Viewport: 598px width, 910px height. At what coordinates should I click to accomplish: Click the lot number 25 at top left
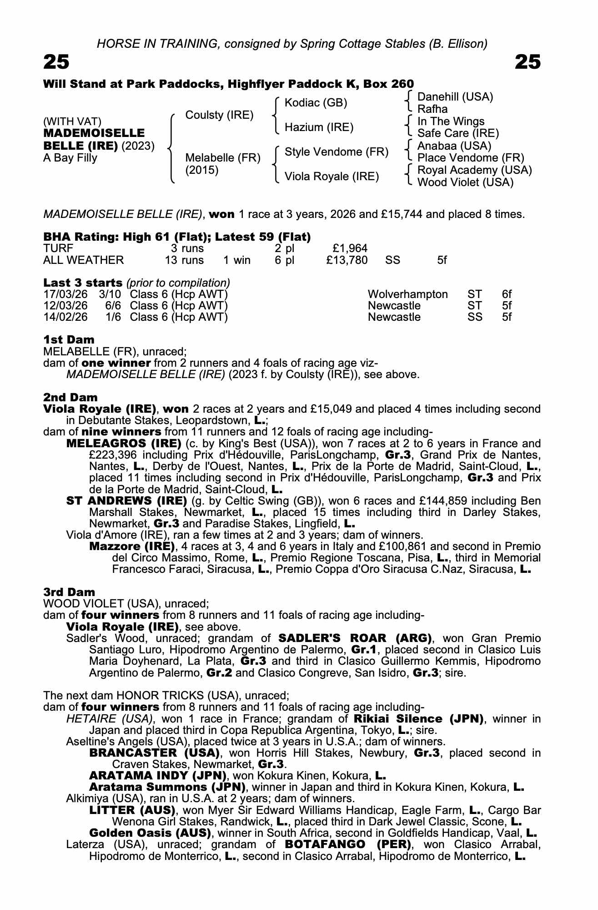(56, 62)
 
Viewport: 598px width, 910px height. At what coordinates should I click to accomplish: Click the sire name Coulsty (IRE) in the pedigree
(219, 115)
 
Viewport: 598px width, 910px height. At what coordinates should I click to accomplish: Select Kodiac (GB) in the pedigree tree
(316, 103)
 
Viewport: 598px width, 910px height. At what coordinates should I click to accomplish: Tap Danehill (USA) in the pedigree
(455, 97)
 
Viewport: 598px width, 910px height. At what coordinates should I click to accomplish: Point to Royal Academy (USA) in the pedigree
(474, 170)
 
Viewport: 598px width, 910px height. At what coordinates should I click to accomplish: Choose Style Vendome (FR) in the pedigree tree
(336, 152)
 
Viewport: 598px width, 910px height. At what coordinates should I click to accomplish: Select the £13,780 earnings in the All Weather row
(347, 260)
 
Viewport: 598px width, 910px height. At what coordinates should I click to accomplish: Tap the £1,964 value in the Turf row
(350, 248)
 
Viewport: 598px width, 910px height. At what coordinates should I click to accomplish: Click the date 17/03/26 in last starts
(65, 294)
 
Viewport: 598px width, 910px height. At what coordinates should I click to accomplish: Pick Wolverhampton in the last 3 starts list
(407, 294)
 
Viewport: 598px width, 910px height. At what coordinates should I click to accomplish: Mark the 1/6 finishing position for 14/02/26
(113, 317)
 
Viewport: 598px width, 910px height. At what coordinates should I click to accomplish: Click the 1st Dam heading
(69, 339)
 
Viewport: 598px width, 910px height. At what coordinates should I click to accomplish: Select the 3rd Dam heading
(69, 592)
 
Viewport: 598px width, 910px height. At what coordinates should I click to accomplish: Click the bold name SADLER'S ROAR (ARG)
(354, 638)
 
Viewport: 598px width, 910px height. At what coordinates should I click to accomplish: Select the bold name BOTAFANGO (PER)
(347, 844)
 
